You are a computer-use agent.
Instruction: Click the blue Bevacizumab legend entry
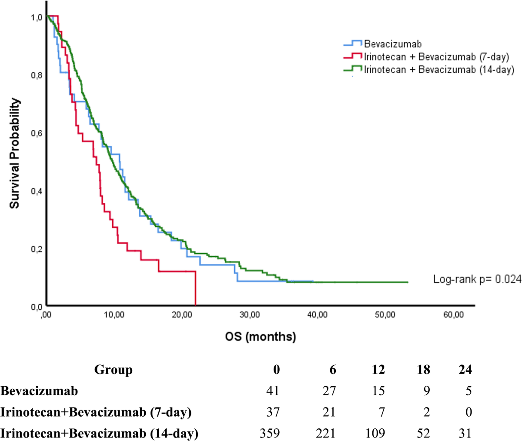pos(382,44)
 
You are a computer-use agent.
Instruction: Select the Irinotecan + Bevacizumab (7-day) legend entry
pos(426,57)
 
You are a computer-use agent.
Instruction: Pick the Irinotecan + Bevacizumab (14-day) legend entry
pos(429,70)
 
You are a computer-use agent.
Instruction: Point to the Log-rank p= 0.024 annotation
pos(477,279)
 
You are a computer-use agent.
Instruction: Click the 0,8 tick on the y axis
pos(37,75)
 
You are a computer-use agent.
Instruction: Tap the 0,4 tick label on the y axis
pos(37,192)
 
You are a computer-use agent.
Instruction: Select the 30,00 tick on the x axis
pos(250,315)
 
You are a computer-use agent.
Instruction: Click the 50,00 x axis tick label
pos(385,315)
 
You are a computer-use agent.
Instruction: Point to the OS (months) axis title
pos(261,337)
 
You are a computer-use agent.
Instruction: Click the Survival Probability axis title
pos(14,153)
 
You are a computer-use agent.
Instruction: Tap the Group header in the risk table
pos(113,370)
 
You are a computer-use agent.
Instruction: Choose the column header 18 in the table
pos(423,370)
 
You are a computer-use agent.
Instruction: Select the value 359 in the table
pos(270,433)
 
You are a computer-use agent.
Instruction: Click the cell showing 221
pos(325,433)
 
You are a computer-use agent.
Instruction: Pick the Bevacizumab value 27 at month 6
pos(329,391)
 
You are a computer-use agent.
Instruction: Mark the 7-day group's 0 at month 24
pos(468,412)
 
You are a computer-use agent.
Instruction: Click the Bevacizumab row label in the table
pos(39,391)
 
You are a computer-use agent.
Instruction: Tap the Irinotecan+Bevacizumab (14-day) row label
pos(99,434)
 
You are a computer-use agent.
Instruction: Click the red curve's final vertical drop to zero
pos(195,288)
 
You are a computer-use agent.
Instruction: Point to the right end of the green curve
pos(408,282)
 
